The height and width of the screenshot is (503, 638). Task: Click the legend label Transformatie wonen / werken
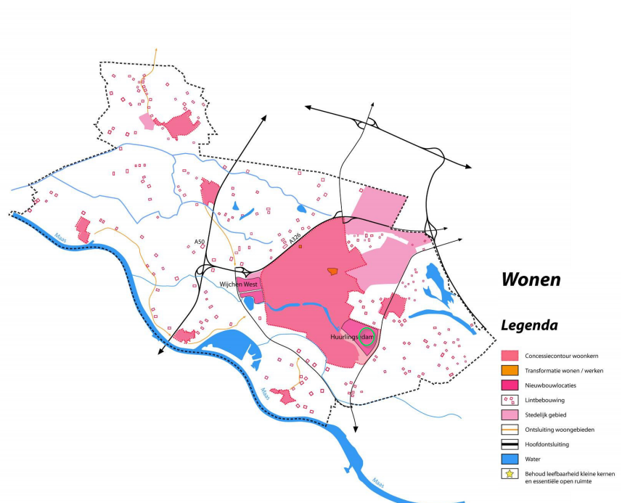[x=563, y=370]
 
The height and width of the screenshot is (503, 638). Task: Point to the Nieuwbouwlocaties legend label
[x=550, y=385]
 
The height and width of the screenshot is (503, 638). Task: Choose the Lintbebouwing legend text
[x=544, y=400]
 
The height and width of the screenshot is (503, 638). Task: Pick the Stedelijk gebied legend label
[x=547, y=414]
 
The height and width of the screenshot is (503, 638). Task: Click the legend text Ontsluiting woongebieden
[x=560, y=430]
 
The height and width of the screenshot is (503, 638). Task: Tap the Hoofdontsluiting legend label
[x=548, y=444]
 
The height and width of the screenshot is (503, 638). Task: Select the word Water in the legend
[x=533, y=459]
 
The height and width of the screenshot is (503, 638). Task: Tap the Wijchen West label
[x=239, y=285]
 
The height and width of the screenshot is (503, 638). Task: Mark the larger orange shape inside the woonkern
[x=332, y=271]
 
